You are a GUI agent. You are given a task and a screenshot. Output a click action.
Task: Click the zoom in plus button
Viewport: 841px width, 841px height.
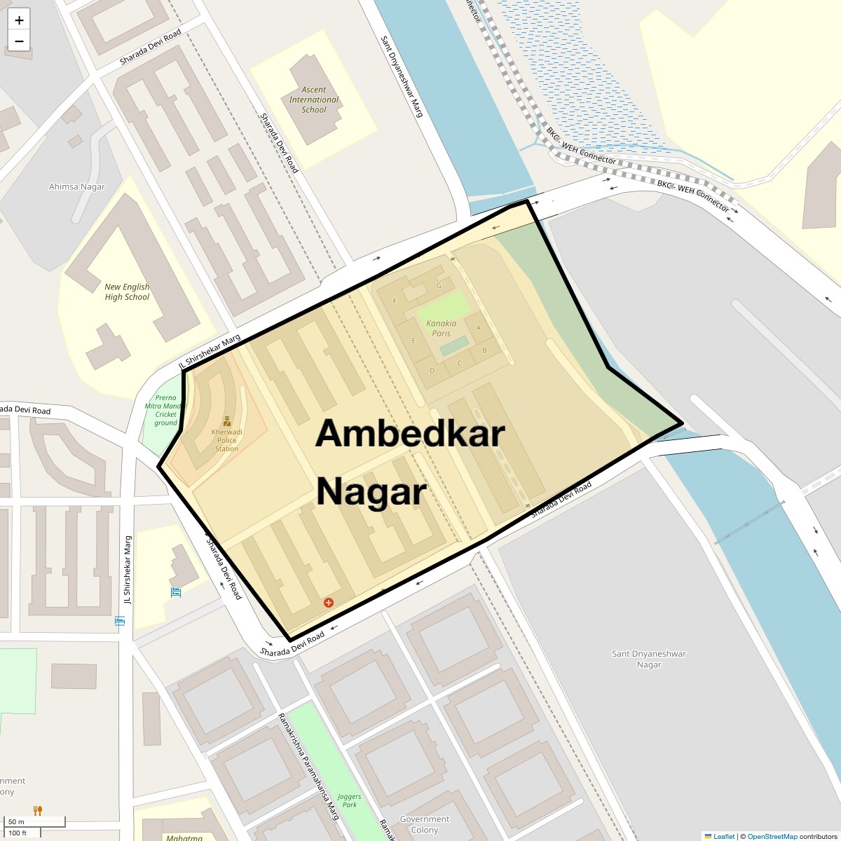tap(19, 20)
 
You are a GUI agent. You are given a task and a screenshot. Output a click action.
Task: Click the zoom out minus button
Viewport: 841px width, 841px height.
tap(19, 41)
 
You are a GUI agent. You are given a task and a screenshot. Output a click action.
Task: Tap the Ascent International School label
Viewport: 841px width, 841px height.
tap(314, 100)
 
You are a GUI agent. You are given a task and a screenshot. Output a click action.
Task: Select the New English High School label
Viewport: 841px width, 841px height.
tap(127, 292)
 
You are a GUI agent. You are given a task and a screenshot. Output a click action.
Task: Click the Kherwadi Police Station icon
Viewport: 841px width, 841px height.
tap(227, 421)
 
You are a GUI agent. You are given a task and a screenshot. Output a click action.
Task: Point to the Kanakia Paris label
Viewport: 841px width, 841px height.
tap(441, 328)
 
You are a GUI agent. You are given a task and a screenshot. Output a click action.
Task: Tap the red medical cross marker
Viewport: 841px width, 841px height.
tap(328, 603)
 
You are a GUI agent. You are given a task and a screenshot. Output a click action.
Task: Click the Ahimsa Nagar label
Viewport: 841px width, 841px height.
tap(76, 186)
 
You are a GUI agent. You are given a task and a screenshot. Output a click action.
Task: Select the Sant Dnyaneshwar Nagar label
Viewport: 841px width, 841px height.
tap(649, 659)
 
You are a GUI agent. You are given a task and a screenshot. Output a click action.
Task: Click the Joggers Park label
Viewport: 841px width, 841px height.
tap(349, 800)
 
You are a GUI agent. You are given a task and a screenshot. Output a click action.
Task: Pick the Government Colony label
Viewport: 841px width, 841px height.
tap(425, 824)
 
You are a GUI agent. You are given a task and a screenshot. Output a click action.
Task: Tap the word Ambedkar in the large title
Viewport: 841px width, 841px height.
tap(410, 433)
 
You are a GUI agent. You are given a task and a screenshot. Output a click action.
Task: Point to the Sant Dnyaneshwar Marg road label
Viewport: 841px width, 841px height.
tap(402, 76)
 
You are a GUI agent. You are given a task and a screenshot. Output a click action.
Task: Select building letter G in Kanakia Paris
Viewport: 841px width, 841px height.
tap(439, 285)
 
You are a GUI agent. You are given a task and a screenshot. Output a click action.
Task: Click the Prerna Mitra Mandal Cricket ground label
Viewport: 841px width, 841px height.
tap(165, 410)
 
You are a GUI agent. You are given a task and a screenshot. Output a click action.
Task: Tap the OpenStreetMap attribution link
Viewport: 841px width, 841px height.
tap(772, 836)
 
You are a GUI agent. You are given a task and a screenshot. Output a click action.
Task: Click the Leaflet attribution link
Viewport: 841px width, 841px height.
tap(723, 836)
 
